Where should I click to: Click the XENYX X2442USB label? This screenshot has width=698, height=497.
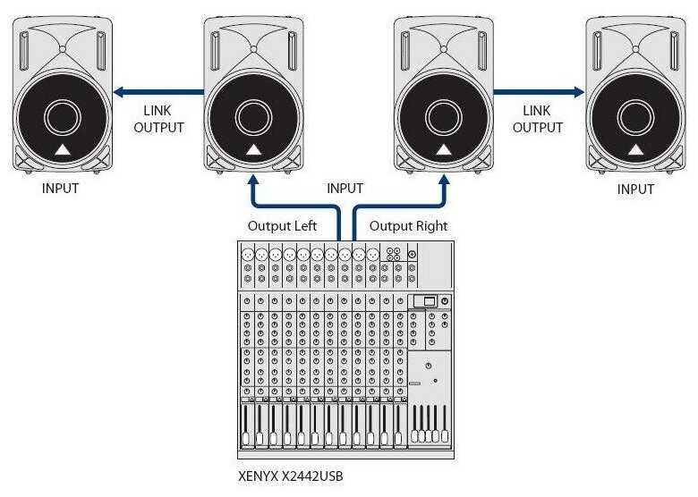291,476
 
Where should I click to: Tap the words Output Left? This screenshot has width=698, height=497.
282,226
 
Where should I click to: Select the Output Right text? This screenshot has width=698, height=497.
409,226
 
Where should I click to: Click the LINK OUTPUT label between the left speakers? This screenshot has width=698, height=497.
158,119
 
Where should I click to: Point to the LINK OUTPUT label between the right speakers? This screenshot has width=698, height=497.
537,119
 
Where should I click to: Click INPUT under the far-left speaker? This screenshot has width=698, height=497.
60,189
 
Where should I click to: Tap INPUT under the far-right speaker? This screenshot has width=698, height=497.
635,189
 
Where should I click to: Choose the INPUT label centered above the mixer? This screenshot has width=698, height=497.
345,189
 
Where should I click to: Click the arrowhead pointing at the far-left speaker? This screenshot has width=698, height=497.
119,92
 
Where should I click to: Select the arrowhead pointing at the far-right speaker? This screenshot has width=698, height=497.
579,92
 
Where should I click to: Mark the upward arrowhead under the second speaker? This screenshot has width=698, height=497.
253,180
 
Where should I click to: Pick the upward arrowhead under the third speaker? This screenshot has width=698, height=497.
444,180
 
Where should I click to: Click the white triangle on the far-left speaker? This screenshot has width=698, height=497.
63,150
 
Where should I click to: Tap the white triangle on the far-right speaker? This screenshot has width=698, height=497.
635,150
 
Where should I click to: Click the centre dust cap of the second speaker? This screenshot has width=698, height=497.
253,118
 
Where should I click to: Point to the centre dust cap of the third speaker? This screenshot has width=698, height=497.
444,118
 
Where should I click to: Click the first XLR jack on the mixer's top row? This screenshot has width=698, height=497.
248,255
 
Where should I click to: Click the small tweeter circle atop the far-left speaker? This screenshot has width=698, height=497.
63,49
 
